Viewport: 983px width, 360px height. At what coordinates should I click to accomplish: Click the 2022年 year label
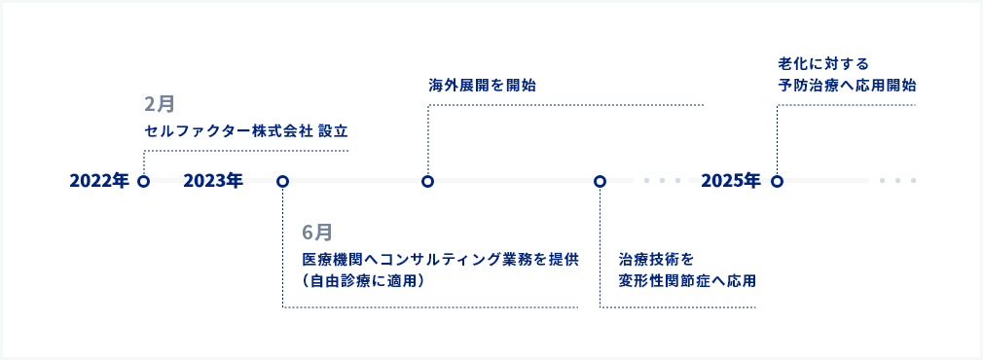point(99,181)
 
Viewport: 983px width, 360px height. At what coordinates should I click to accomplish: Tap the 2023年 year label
point(212,181)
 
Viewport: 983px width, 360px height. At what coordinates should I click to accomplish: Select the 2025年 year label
point(730,181)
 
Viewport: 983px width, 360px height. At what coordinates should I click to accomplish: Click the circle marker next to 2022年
point(144,181)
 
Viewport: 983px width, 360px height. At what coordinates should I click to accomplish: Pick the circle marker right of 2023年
point(282,181)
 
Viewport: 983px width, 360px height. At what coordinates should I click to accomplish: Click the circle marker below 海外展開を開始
point(427,181)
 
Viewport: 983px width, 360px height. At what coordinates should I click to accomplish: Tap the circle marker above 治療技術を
point(600,181)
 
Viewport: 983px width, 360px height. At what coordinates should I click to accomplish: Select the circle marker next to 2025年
point(777,181)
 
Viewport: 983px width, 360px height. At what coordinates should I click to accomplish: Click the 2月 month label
point(158,103)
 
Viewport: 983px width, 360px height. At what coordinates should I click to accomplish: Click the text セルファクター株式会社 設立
point(245,130)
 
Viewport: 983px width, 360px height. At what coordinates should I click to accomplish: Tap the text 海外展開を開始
point(482,86)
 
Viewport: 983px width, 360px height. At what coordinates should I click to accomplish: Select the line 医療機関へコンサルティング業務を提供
point(440,260)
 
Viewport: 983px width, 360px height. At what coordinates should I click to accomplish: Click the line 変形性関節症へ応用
point(687,281)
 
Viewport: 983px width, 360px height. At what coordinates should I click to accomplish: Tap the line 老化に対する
point(822,64)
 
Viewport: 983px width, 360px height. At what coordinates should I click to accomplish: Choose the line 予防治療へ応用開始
point(847,86)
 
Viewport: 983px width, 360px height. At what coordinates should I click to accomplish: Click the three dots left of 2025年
point(662,181)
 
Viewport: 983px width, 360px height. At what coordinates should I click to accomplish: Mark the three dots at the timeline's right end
point(897,181)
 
